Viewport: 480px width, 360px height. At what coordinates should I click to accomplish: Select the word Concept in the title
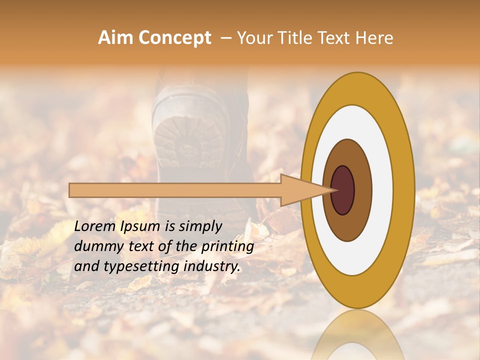173,38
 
